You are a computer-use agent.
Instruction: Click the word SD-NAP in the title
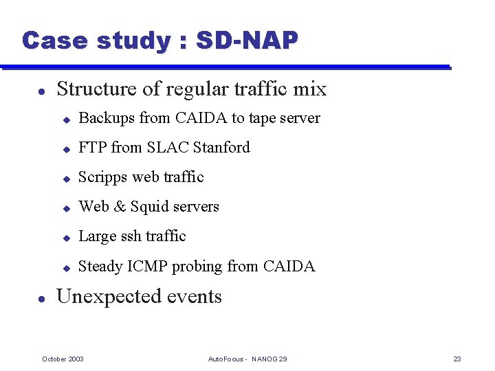[x=247, y=41]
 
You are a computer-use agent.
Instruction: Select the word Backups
[x=107, y=118]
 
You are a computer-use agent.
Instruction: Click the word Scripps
[x=103, y=177]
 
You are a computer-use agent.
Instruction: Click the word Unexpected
[x=109, y=297]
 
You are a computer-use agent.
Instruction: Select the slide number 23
[x=457, y=359]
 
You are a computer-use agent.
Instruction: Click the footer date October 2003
[x=63, y=359]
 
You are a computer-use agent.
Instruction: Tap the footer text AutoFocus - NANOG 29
[x=247, y=359]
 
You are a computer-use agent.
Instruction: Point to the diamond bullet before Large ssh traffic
[x=67, y=237]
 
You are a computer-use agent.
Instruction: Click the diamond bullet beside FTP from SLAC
[x=67, y=148]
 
